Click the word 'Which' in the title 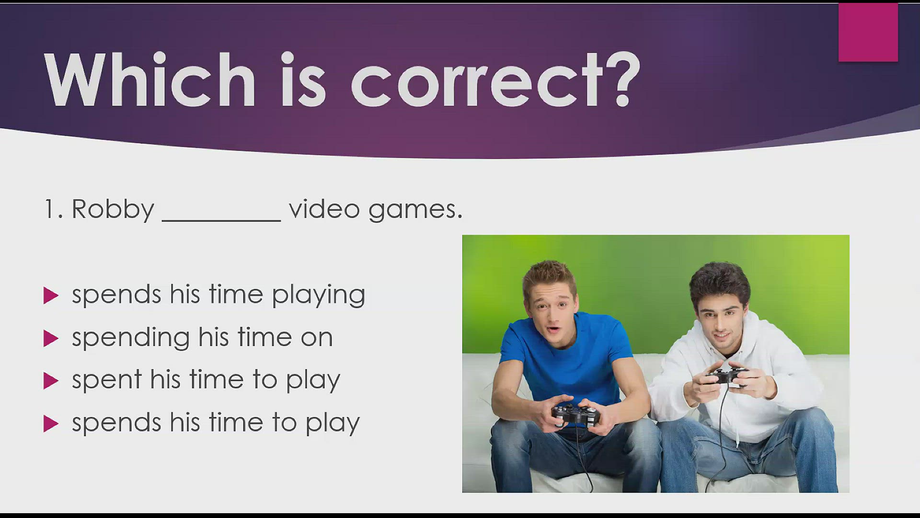150,80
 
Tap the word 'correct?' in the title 495,80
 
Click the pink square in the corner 868,33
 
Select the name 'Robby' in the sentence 113,210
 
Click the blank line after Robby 221,220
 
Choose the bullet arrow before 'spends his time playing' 51,295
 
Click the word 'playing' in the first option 319,295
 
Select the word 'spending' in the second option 131,338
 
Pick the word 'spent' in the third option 107,380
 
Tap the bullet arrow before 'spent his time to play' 51,381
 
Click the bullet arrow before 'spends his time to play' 51,424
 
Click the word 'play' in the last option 333,424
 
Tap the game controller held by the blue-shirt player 575,414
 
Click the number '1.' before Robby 53,209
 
